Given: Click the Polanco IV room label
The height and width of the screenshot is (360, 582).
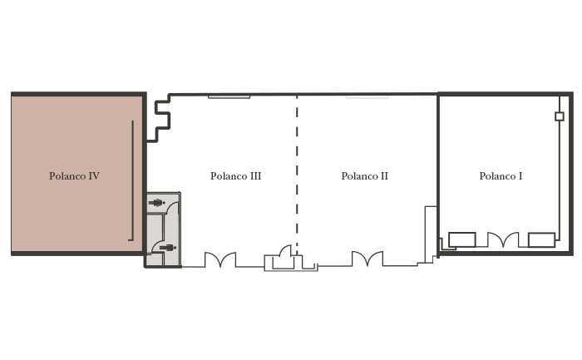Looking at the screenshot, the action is point(74,176).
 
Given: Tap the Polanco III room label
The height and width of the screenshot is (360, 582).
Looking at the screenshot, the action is point(235,176).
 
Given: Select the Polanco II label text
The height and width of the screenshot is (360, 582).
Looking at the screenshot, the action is point(364,176).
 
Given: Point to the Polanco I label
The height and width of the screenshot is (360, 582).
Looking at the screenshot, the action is point(501,176).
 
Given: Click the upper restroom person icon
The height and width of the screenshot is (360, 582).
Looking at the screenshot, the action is point(156,203).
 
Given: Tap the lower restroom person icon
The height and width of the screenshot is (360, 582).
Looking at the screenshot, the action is point(167,248).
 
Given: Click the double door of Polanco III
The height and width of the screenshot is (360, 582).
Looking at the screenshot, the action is point(220,259).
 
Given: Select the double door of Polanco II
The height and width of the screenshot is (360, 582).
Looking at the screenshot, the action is point(367,259).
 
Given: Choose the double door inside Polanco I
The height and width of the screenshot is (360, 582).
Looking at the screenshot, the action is point(503,239).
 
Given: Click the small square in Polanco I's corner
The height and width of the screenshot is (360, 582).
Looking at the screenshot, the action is point(560,116).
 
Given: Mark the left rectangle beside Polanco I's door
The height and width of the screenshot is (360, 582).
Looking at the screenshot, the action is point(462,239).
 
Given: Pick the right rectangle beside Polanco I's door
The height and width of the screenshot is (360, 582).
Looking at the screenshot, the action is point(541,240).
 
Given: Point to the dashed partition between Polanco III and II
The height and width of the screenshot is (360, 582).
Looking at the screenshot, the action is point(297,175).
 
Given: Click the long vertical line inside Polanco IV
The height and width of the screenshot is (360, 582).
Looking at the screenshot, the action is point(132,180).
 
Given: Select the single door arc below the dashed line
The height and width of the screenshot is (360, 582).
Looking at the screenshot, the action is point(287,249).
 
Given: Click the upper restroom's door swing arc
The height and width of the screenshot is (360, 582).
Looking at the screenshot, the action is point(171,208).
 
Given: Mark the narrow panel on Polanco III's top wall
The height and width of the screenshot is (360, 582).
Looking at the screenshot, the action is point(229,97).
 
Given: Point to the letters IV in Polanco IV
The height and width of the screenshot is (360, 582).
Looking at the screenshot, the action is point(92,176).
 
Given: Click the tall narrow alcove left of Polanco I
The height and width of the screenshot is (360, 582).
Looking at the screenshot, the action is point(431,234).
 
